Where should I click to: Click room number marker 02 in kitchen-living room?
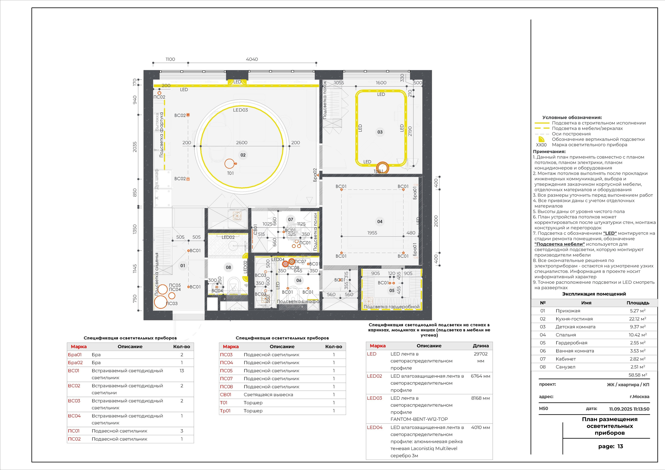243,155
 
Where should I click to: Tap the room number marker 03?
380,132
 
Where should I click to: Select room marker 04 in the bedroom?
380,222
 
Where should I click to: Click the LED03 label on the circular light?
240,110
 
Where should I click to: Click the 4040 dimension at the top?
251,59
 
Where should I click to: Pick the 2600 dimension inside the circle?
241,142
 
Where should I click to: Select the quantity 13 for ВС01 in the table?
182,370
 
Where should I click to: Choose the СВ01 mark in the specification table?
225,395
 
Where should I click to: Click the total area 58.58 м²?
637,375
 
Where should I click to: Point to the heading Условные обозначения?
572,117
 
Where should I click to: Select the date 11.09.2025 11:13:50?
629,409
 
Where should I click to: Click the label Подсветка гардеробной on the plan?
391,307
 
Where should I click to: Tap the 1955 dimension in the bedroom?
372,233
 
